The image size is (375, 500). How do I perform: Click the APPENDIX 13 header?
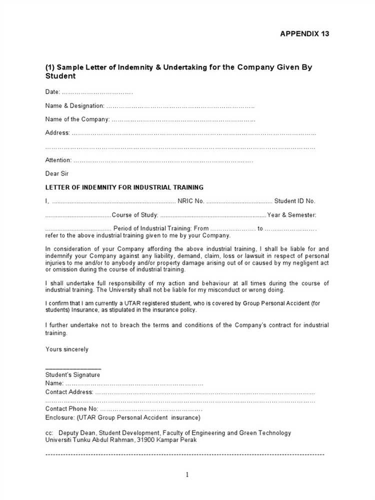click(x=304, y=34)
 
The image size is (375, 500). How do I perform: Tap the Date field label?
click(x=52, y=92)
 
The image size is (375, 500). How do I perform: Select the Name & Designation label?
click(x=74, y=106)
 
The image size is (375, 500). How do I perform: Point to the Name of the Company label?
click(x=77, y=119)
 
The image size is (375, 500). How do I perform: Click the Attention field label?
click(x=58, y=160)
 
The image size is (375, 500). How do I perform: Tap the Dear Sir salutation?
click(x=57, y=174)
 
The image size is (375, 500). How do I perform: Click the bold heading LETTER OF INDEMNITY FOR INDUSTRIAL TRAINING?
click(x=124, y=187)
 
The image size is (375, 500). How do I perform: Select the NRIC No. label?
click(x=190, y=201)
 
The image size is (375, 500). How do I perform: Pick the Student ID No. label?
click(x=294, y=201)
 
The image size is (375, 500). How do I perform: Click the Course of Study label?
click(x=135, y=215)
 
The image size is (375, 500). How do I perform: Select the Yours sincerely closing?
click(x=66, y=349)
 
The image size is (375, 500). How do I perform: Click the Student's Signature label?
click(x=72, y=375)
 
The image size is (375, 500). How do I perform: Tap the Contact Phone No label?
click(x=70, y=409)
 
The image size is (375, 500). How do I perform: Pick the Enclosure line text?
click(x=122, y=417)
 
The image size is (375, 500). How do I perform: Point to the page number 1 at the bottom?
click(x=187, y=475)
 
